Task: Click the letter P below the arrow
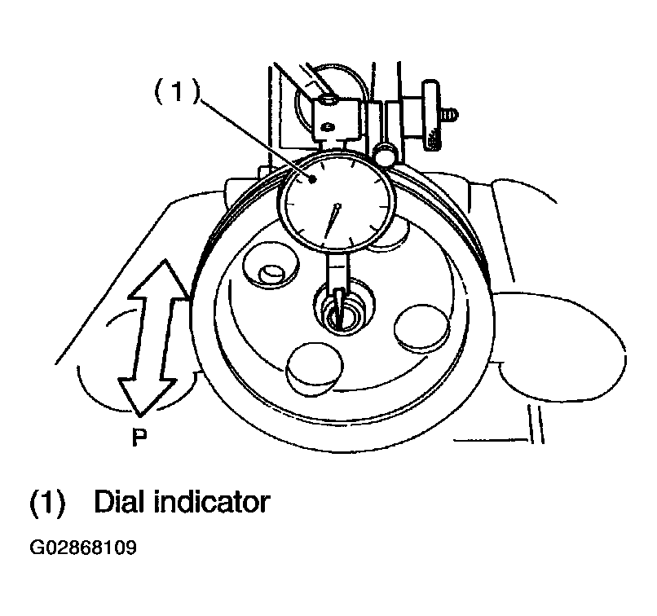(139, 438)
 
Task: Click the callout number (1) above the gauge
(177, 92)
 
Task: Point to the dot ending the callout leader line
(312, 179)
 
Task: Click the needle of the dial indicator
(331, 222)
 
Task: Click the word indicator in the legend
(212, 501)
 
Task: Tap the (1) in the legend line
(47, 502)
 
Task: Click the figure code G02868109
(83, 547)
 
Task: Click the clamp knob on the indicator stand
(431, 115)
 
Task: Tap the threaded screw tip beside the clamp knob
(450, 114)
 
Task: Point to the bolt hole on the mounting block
(327, 100)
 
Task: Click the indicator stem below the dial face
(337, 271)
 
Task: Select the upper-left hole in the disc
(271, 264)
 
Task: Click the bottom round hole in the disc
(315, 368)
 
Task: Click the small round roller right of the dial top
(386, 154)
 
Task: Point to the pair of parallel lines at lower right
(536, 424)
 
